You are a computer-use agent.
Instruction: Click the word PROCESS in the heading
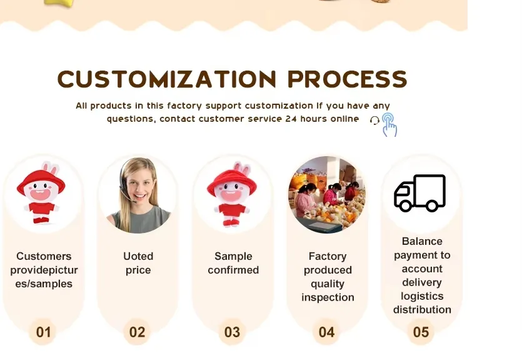[x=347, y=79]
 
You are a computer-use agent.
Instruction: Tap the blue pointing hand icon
[x=389, y=124]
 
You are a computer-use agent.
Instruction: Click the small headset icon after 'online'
[x=374, y=120]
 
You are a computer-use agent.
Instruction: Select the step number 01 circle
[x=43, y=332]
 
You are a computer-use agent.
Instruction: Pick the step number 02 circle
[x=137, y=332]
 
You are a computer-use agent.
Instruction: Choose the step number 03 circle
[x=232, y=332]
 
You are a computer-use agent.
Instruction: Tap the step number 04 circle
[x=326, y=332]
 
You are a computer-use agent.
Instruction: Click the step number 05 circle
[x=421, y=332]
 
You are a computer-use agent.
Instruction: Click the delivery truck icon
[x=419, y=193]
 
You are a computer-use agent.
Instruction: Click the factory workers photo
[x=326, y=195]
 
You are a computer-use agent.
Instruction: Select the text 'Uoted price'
[x=138, y=263]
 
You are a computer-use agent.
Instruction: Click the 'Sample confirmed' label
[x=233, y=263]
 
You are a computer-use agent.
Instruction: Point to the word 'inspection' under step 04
[x=328, y=297]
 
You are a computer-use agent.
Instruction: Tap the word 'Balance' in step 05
[x=422, y=241]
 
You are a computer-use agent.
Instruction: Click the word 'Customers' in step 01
[x=44, y=256]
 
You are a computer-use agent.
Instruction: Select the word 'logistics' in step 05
[x=422, y=296]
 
